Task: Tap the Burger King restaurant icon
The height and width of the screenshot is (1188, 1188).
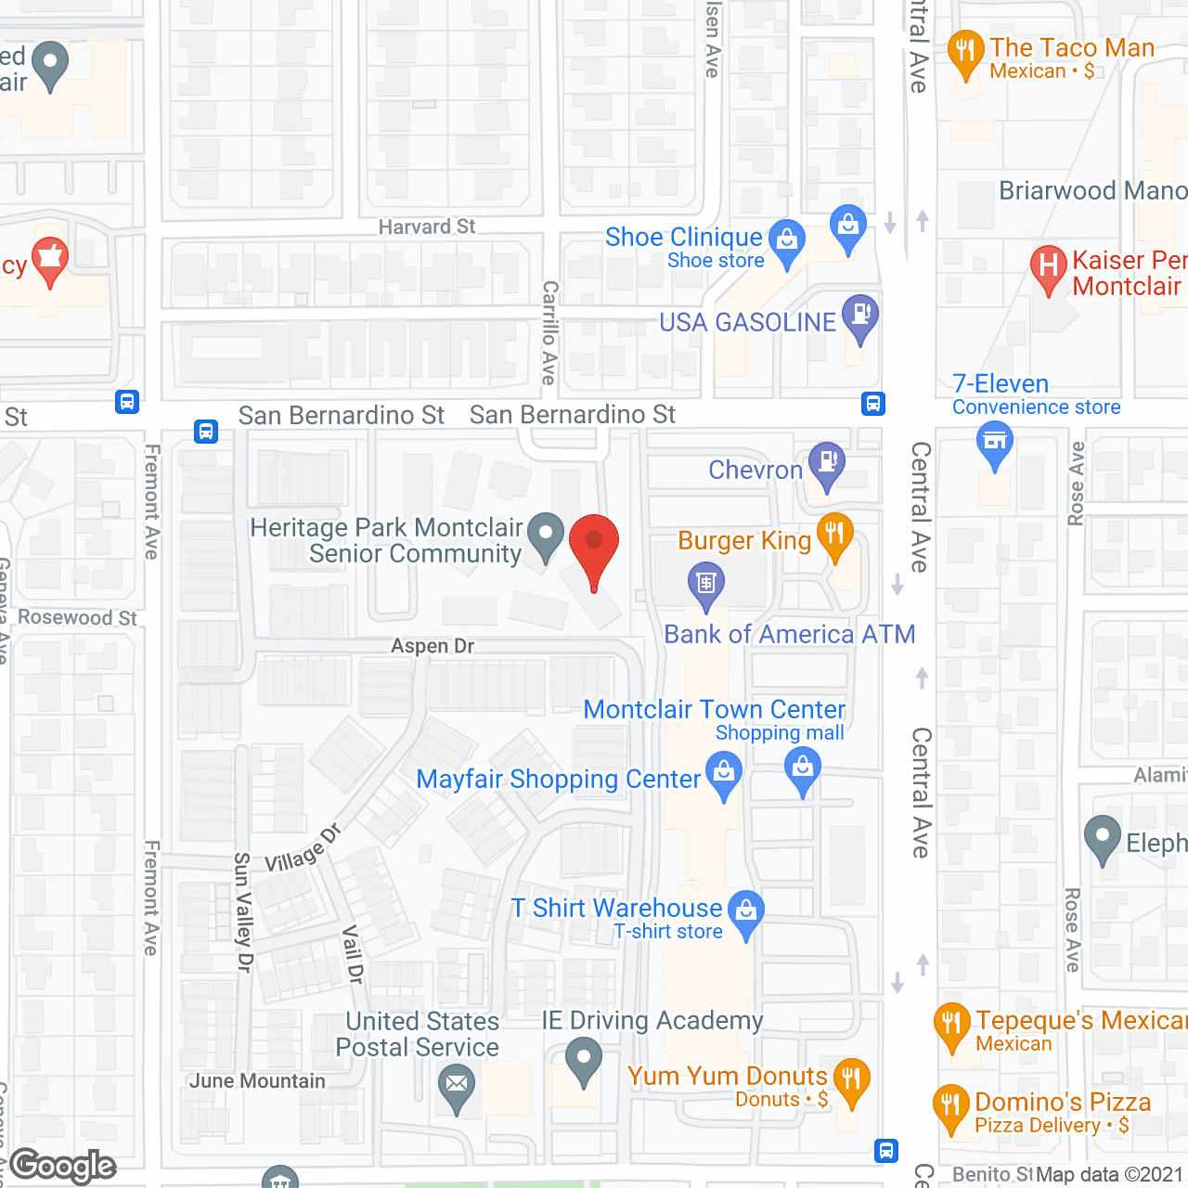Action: pyautogui.click(x=834, y=534)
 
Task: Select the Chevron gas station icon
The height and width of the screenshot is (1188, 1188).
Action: pyautogui.click(x=826, y=461)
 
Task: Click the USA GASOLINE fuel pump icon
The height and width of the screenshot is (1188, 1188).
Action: pyautogui.click(x=859, y=315)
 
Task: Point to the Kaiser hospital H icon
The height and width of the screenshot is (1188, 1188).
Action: pyautogui.click(x=1048, y=265)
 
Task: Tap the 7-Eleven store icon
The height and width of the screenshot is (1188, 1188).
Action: pyautogui.click(x=994, y=441)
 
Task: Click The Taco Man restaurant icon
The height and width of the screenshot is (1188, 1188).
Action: pyautogui.click(x=966, y=51)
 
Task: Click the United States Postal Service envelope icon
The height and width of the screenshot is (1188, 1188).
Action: pyautogui.click(x=456, y=1084)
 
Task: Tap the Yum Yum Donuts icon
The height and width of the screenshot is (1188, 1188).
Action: pyautogui.click(x=851, y=1079)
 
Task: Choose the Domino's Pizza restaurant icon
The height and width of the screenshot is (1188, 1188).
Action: pyautogui.click(x=950, y=1104)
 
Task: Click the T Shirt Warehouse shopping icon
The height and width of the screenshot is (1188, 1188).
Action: pyautogui.click(x=746, y=910)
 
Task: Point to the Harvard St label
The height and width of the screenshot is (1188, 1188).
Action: pyautogui.click(x=427, y=227)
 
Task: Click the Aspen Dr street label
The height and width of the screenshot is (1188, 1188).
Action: pyautogui.click(x=433, y=646)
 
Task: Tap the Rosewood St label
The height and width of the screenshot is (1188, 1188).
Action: pyautogui.click(x=78, y=618)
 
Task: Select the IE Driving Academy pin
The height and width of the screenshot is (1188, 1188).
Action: pyautogui.click(x=583, y=1059)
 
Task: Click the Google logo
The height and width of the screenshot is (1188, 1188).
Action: pyautogui.click(x=63, y=1165)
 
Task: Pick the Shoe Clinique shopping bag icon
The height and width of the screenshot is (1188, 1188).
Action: pyautogui.click(x=787, y=239)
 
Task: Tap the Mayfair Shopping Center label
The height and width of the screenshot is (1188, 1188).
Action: pyautogui.click(x=558, y=780)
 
